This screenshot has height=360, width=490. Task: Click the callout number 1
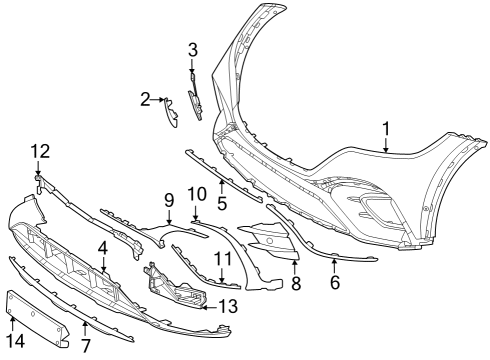tap(386, 129)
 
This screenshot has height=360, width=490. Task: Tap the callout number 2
tap(145, 99)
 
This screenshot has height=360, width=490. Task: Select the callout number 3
tap(193, 50)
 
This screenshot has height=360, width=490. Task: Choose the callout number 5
tap(222, 203)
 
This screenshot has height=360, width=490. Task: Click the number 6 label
tap(335, 282)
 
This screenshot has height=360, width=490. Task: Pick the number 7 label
tap(86, 346)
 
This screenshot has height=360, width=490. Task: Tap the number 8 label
tap(296, 283)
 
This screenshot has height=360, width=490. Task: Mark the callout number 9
tap(169, 201)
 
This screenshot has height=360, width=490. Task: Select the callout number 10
tap(197, 194)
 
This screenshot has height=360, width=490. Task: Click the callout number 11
tap(223, 258)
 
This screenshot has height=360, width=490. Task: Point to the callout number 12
tap(40, 151)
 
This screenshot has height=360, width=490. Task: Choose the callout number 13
tap(228, 306)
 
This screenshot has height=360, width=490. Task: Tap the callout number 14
tap(15, 341)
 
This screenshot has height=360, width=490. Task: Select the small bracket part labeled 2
tap(171, 113)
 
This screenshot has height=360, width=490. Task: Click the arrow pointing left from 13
tap(210, 307)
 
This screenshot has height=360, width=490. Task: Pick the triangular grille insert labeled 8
tap(270, 241)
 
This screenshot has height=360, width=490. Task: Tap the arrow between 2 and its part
tap(157, 99)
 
